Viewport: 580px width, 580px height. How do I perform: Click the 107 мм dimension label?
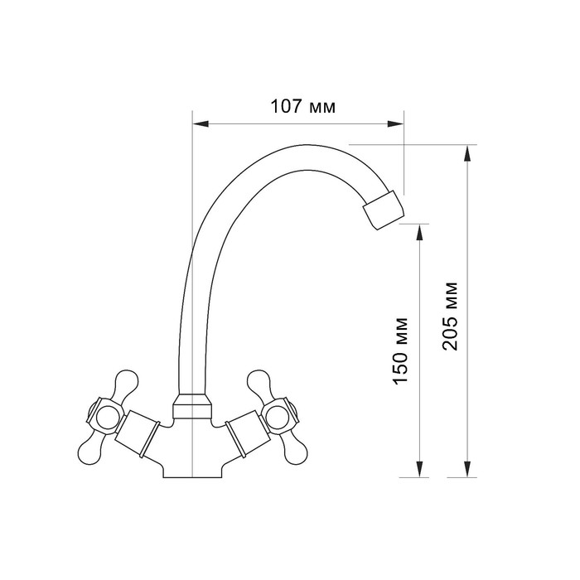(x=303, y=107)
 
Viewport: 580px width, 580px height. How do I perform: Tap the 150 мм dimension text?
(x=400, y=351)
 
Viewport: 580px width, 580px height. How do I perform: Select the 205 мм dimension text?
(x=450, y=317)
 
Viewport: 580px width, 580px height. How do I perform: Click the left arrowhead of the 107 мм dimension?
(x=201, y=123)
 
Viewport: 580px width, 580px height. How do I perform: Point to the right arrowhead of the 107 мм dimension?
(x=395, y=123)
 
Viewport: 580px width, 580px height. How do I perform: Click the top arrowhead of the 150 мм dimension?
(x=419, y=232)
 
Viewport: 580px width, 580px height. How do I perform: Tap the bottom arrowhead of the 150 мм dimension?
(x=419, y=469)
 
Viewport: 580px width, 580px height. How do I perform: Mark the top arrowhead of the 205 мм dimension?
(x=467, y=153)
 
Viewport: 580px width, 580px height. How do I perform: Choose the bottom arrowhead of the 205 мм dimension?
(x=467, y=469)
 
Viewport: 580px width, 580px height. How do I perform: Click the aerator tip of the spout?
(x=384, y=210)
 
